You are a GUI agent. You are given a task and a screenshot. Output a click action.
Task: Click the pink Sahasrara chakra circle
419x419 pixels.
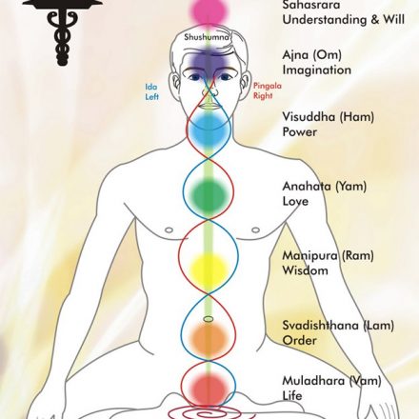click(x=209, y=11)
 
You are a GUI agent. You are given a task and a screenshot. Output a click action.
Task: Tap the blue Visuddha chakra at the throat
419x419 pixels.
click(x=209, y=131)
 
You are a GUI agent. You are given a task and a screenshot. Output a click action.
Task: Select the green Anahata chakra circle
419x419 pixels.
click(x=209, y=194)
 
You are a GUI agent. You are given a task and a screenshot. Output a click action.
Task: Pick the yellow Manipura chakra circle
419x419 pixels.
click(x=209, y=269)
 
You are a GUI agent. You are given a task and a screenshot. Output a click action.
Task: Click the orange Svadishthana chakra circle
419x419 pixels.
click(x=209, y=338)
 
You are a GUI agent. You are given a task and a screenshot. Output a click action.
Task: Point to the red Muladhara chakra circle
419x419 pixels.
click(x=209, y=389)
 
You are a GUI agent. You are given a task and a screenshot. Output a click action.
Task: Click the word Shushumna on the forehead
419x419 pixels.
click(x=207, y=37)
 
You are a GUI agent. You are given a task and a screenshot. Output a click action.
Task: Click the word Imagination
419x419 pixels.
click(x=317, y=70)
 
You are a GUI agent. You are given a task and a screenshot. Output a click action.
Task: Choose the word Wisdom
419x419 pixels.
click(x=305, y=270)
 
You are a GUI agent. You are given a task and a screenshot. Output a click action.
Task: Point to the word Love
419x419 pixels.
click(x=295, y=201)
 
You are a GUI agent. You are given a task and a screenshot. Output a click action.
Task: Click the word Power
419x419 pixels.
click(x=300, y=131)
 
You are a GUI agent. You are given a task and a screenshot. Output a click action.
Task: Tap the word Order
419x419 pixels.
click(x=299, y=340)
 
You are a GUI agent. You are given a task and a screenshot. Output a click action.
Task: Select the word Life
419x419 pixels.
click(x=292, y=395)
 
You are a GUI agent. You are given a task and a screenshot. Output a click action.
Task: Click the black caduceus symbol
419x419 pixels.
click(x=63, y=31)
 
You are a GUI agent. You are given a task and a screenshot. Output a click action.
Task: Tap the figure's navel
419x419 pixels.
click(x=209, y=319)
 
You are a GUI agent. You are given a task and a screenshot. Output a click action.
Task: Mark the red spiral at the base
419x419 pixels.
click(x=209, y=412)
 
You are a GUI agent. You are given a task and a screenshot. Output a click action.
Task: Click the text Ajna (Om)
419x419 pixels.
click(x=312, y=55)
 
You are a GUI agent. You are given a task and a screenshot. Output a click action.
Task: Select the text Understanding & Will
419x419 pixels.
click(x=344, y=19)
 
